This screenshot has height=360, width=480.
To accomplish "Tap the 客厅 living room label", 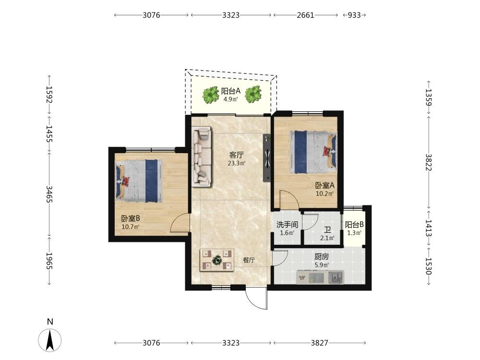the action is coord(237,155).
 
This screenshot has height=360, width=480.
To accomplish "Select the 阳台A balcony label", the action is coord(231,91).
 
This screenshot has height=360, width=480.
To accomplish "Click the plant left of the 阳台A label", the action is coord(211,95).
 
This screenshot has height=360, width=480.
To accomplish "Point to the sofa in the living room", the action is coord(202,156).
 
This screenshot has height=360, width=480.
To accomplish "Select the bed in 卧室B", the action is coord(139,180).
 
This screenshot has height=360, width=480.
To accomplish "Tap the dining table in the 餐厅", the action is coord(217,260).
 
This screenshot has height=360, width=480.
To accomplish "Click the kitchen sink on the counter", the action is coord(336,277).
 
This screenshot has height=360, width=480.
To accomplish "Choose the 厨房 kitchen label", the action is coord(322,256).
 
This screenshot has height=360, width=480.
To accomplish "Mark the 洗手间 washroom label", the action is coord(287,225).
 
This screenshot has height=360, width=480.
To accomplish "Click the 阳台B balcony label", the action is coord(354,225).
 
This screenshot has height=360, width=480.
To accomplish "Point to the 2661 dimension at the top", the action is coord(305,15).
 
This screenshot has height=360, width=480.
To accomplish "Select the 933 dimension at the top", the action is coord(354,15).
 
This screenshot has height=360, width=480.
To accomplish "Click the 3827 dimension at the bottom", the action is coord(319,343).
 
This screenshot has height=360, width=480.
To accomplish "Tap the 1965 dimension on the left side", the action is coord(49,261).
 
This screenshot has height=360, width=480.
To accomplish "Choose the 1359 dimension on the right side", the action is coord(428,97).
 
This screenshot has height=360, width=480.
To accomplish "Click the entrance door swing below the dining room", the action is coord(256,298).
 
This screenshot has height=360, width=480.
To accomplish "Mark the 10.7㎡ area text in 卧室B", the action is coord(131,227).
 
